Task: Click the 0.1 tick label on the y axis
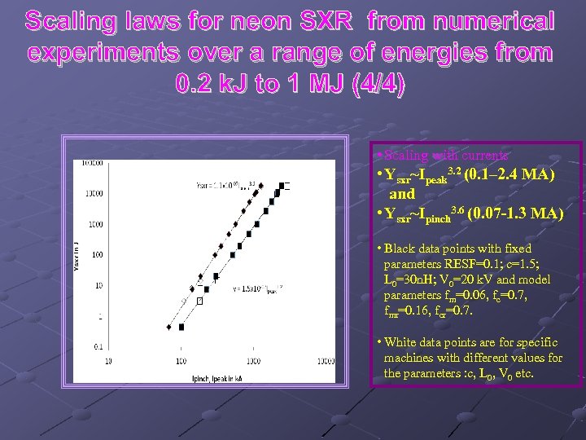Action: click(97, 347)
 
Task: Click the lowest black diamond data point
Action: click(169, 328)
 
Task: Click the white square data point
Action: click(198, 301)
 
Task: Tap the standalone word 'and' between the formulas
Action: click(402, 195)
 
